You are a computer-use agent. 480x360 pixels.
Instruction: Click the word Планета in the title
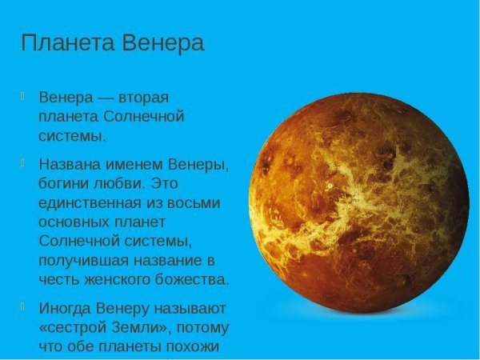[x=66, y=42]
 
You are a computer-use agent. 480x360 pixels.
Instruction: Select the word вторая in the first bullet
[x=143, y=98]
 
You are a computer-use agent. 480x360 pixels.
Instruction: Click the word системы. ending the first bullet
[x=72, y=135]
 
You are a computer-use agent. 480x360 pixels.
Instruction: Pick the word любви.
[x=122, y=183]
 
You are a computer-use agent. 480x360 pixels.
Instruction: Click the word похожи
[x=202, y=346]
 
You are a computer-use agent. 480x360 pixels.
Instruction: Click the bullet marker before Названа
[x=26, y=162]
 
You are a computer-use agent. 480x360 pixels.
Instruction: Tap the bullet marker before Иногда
[x=26, y=306]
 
